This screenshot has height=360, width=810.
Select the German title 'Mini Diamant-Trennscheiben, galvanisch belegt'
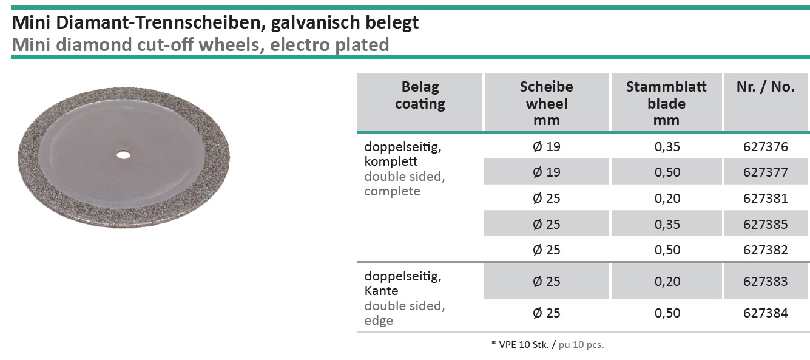point(215,23)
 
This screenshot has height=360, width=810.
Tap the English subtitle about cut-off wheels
point(200,44)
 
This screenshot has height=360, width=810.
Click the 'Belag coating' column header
point(420,95)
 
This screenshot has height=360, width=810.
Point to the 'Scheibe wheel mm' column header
point(546,103)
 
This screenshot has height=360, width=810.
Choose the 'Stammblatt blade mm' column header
point(666,103)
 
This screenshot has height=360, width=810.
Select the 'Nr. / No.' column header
point(765,87)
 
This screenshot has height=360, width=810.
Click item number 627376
point(765,147)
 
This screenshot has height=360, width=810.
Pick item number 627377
point(765,172)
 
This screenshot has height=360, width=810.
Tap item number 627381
point(765,199)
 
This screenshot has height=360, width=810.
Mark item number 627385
point(765,225)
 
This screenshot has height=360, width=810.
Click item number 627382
point(765,250)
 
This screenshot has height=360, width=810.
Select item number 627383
point(765,282)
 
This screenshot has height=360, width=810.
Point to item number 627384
point(765,313)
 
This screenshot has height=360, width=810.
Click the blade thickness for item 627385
point(666,225)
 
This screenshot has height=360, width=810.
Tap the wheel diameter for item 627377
point(546,172)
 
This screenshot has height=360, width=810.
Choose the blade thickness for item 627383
point(666,282)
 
